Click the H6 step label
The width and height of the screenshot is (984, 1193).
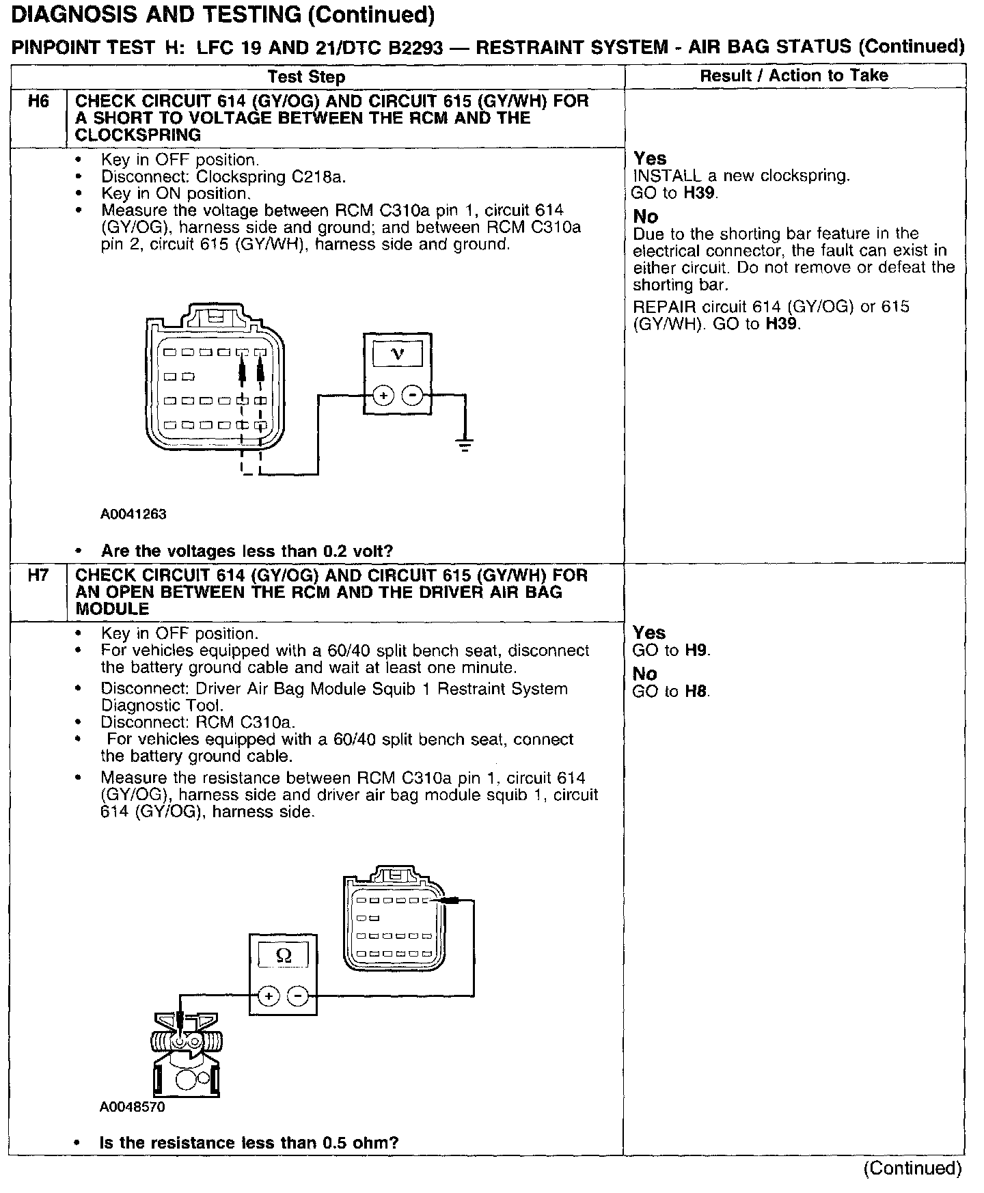[38, 102]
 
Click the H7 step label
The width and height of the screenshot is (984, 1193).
[38, 576]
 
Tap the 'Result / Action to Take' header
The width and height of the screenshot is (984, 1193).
[794, 75]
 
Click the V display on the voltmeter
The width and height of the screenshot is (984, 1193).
[397, 354]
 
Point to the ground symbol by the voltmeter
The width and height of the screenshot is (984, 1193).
[465, 446]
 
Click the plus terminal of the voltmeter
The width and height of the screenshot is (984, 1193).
[383, 395]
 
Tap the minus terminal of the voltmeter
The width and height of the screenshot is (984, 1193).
[411, 395]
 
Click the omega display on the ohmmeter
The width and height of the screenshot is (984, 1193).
[283, 955]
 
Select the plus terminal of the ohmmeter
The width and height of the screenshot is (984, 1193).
[269, 996]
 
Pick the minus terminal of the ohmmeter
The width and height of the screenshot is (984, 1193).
[297, 996]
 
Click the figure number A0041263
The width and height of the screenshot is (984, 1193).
[133, 514]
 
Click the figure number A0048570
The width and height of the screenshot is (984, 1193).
[132, 1107]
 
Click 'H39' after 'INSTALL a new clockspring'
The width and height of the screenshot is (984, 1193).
[700, 193]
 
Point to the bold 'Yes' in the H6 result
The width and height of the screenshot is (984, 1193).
[649, 159]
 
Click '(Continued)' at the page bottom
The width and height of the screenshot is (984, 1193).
[913, 1168]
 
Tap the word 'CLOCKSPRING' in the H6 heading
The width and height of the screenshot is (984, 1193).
[138, 135]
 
